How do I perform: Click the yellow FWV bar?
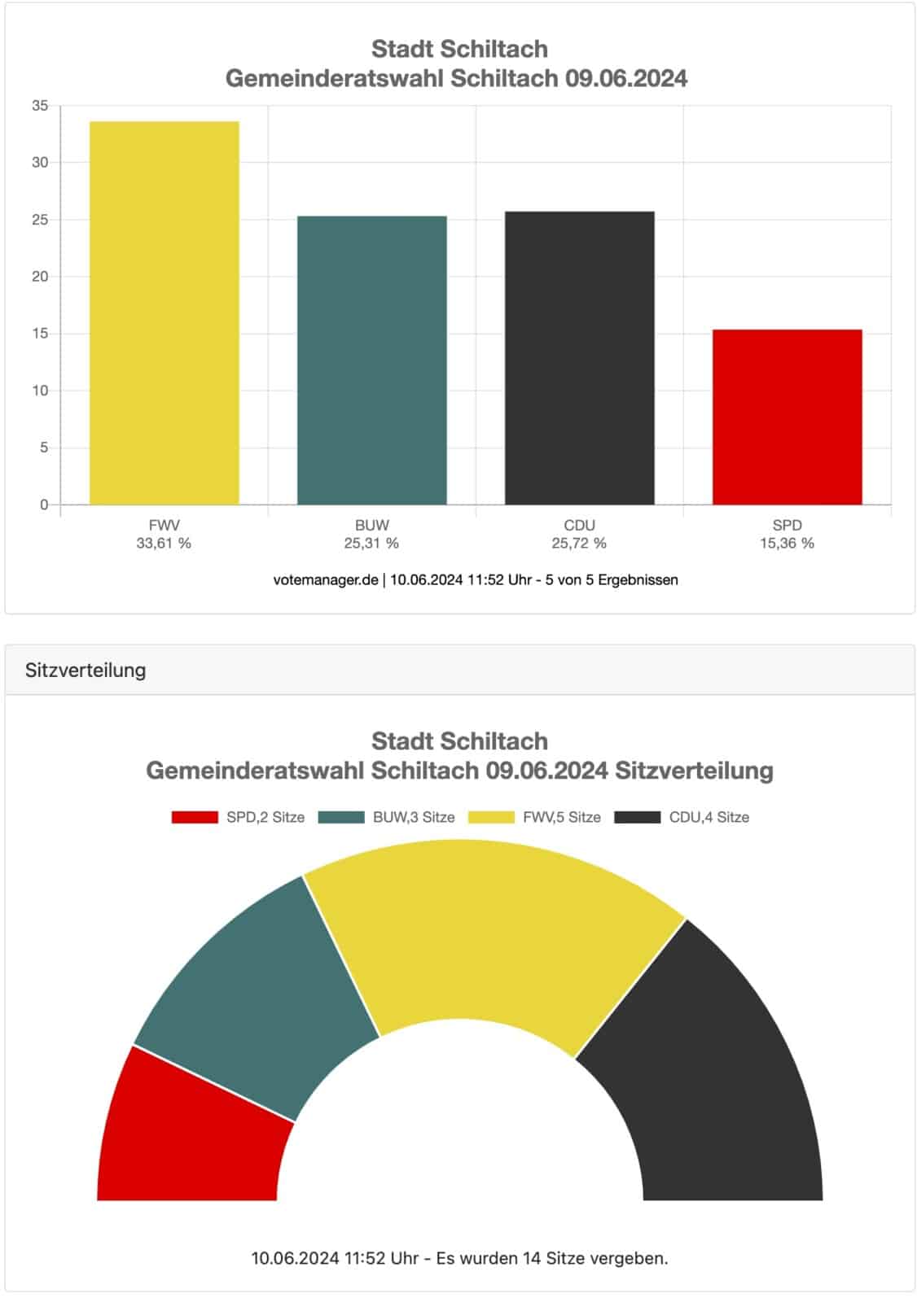[x=164, y=312]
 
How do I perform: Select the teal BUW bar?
[x=371, y=360]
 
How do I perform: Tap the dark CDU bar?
[x=579, y=358]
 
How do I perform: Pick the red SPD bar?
[x=787, y=417]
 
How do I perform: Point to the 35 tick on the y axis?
[x=40, y=106]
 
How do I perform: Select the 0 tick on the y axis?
[x=44, y=505]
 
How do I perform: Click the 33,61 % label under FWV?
[x=164, y=543]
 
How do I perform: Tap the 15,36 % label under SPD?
[x=787, y=543]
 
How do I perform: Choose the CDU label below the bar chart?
[x=579, y=525]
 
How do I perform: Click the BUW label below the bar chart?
[x=371, y=525]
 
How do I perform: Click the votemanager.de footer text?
[x=326, y=579]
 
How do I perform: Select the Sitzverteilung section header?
[x=86, y=670]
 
